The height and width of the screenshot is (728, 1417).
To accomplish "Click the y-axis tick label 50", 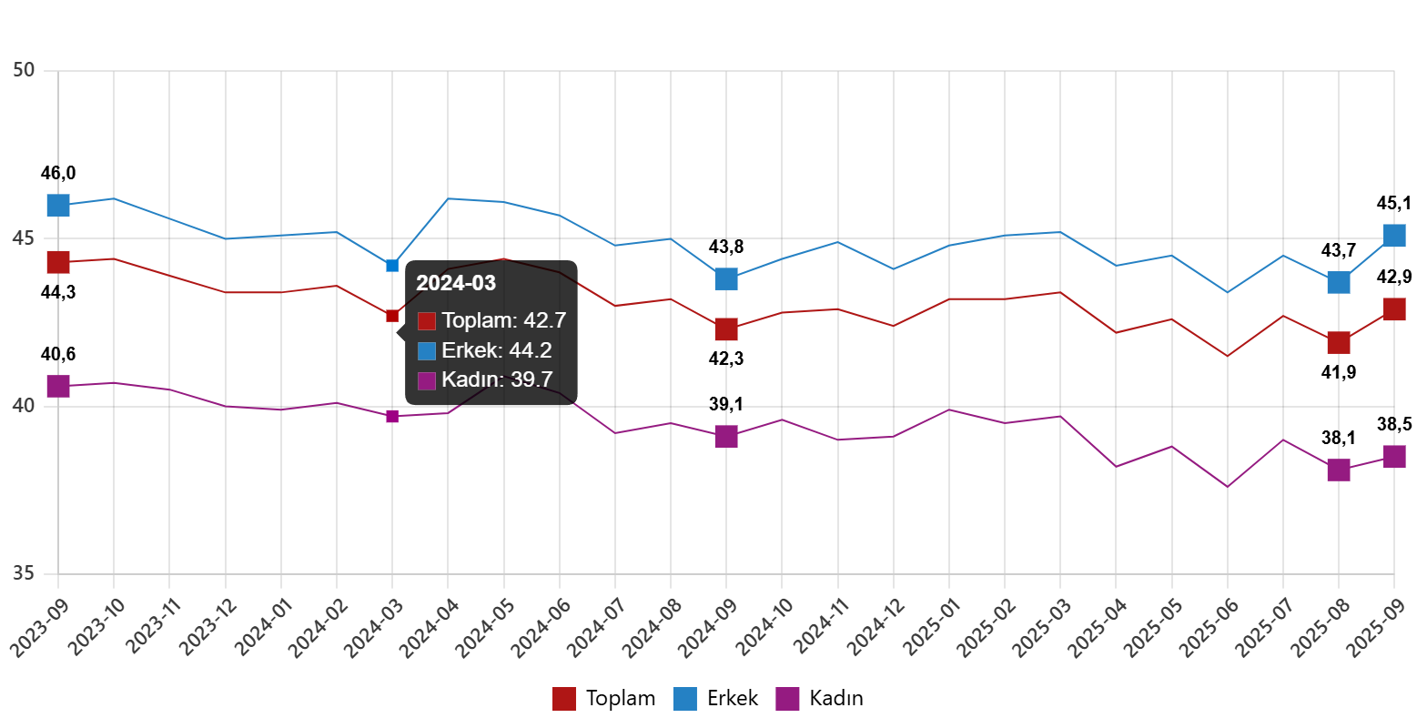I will (x=24, y=70).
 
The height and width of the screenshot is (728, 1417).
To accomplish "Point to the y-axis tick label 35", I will (x=24, y=573).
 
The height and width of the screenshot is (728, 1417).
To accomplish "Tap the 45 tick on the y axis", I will (x=24, y=238).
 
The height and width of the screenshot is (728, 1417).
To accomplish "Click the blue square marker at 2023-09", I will (x=58, y=205).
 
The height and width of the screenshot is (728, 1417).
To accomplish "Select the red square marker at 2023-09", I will (x=58, y=262).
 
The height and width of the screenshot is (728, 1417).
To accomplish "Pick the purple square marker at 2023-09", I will (x=58, y=386).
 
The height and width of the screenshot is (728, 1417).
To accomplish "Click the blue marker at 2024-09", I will (x=725, y=278).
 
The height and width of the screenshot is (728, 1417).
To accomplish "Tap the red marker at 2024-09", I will (x=725, y=329).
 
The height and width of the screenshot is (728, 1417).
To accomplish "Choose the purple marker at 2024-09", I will (x=725, y=436).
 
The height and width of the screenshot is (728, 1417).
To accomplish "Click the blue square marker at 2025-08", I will (x=1338, y=282).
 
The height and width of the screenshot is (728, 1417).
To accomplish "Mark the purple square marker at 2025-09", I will (x=1394, y=456).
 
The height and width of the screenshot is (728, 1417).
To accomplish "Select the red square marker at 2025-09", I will (x=1394, y=309).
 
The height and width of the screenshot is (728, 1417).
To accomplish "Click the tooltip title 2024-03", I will (x=456, y=283).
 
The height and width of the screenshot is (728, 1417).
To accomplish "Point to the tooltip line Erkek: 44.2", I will (x=497, y=350).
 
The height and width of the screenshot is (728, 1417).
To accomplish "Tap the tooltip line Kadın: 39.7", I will (x=497, y=380).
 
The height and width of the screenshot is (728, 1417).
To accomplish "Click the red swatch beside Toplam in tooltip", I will (x=427, y=321).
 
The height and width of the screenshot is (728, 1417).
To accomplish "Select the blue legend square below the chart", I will (x=684, y=699).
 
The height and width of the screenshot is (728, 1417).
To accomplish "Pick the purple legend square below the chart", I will (x=787, y=699).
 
